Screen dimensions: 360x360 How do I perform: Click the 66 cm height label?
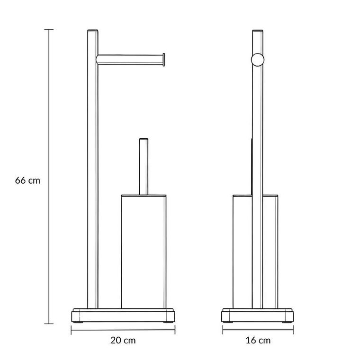tap(27, 180)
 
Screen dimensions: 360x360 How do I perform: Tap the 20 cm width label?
tap(123, 340)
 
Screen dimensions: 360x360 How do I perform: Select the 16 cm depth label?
tap(258, 340)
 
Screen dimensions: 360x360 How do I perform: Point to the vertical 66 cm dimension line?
tap(49, 177)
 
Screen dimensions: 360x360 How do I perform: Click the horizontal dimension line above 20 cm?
tap(123, 330)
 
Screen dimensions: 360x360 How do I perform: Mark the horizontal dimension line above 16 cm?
tap(258, 330)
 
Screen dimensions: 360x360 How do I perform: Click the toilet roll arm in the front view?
tap(130, 60)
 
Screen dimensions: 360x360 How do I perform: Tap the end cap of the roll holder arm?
tap(164, 60)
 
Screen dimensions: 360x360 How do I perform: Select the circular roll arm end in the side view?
tap(258, 60)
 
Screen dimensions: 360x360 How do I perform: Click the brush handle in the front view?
tap(144, 167)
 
